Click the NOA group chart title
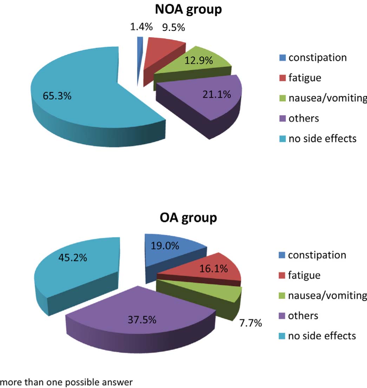pos(188,9)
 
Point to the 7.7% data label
pos(250,323)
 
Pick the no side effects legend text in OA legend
pos(322,336)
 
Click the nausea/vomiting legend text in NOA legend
pos(327,98)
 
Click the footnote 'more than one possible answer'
pos(67,382)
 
